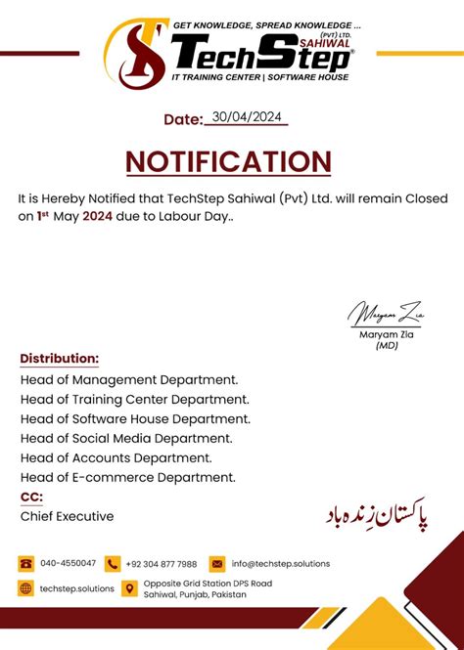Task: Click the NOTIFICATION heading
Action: coord(228,162)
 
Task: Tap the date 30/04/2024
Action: coord(246,117)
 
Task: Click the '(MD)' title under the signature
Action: coord(385,345)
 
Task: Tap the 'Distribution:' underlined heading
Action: coord(59,359)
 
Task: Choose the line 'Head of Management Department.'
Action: coord(128,379)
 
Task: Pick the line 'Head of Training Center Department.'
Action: coord(134,399)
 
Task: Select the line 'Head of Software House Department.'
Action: coord(135,418)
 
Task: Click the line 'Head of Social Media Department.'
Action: coord(126,438)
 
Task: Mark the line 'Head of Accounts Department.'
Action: coord(116,457)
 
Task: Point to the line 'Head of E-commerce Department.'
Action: coord(127,477)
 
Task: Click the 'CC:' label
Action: coord(31,497)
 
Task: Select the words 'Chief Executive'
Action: coord(67,516)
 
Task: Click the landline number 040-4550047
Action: coord(68,564)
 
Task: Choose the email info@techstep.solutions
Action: coord(281,564)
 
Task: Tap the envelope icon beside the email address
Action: coord(217,564)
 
